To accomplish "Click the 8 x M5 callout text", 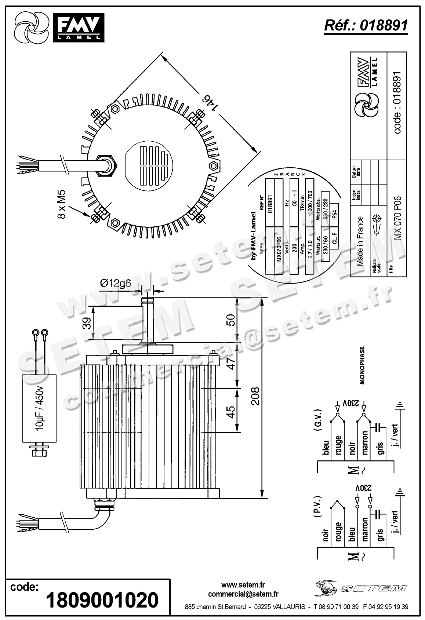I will click(x=61, y=204).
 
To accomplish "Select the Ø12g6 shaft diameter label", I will click(x=115, y=283).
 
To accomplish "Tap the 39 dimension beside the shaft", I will click(x=87, y=324).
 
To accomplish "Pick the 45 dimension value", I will click(x=230, y=411).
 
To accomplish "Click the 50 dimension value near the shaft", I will click(x=230, y=320).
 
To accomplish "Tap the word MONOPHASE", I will click(x=362, y=365).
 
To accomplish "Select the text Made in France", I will click(x=360, y=241).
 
